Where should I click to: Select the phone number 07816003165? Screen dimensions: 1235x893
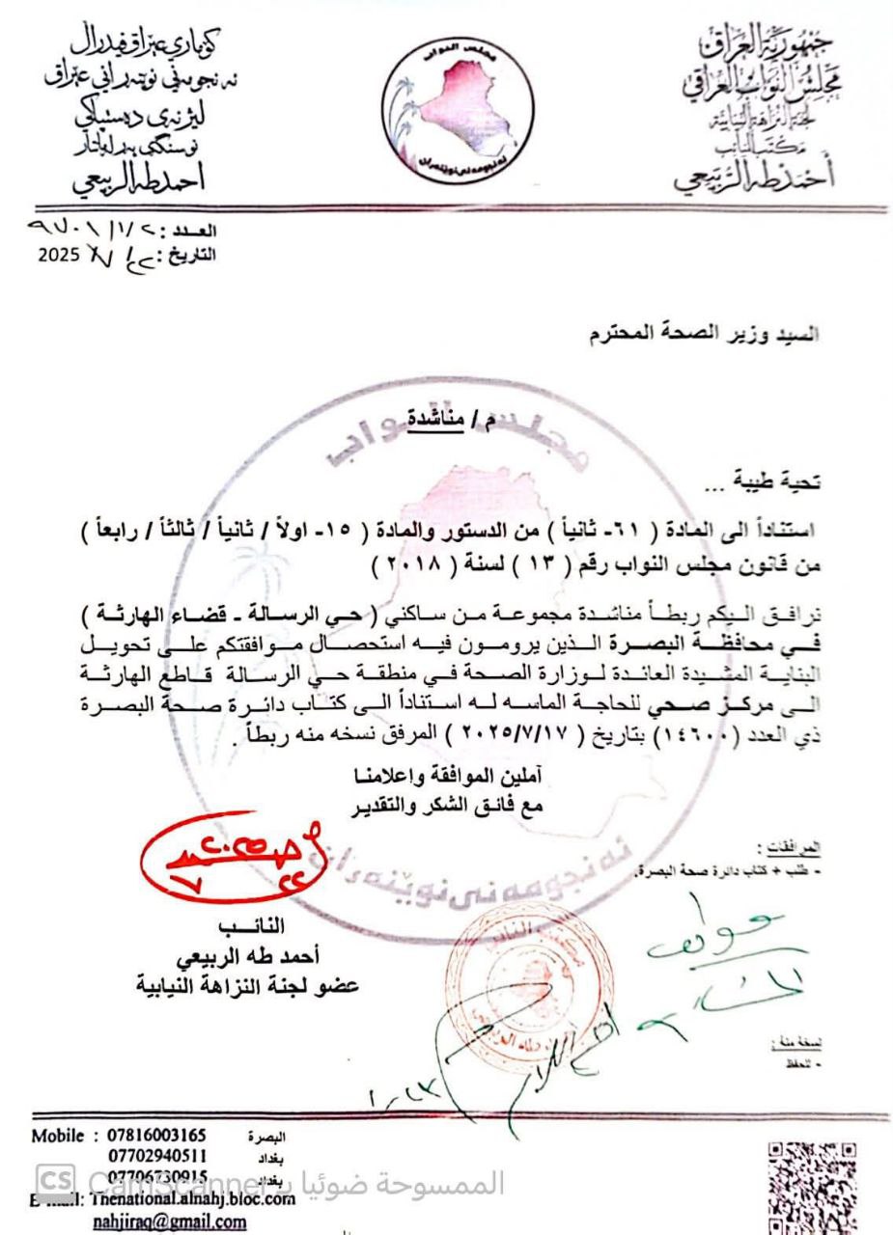point(157,1134)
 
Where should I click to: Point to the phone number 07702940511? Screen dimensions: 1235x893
point(157,1154)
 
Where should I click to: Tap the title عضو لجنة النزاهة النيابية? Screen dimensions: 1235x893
point(247,986)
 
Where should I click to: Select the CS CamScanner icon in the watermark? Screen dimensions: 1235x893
point(56,1179)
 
